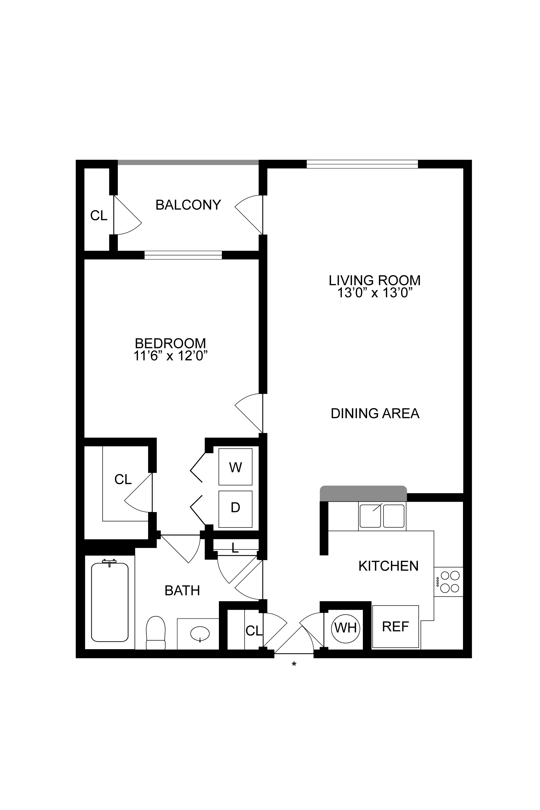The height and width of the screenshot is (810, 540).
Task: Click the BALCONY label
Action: point(188,205)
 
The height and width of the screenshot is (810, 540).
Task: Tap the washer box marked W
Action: point(235,467)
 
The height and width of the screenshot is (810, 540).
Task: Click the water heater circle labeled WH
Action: point(345,628)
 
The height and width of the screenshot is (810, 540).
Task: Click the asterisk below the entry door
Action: point(294,664)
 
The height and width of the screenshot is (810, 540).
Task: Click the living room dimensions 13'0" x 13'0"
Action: point(375,293)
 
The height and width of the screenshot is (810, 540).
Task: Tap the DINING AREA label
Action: point(375,413)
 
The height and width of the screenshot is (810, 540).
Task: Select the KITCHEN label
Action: point(388,566)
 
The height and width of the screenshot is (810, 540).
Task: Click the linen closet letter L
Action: point(235,548)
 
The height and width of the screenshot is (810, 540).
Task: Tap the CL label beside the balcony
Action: point(99,216)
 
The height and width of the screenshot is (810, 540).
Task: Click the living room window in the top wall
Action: point(362,164)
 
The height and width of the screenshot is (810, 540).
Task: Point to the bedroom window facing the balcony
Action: point(183,255)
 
